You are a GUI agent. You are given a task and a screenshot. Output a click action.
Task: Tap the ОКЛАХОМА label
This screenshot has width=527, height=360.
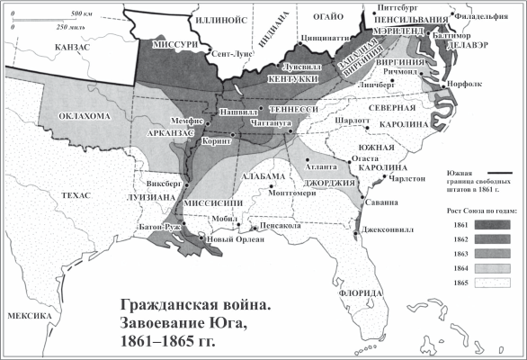coord(85,116)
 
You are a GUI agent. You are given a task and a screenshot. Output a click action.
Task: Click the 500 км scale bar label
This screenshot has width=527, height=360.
coord(82,15)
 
